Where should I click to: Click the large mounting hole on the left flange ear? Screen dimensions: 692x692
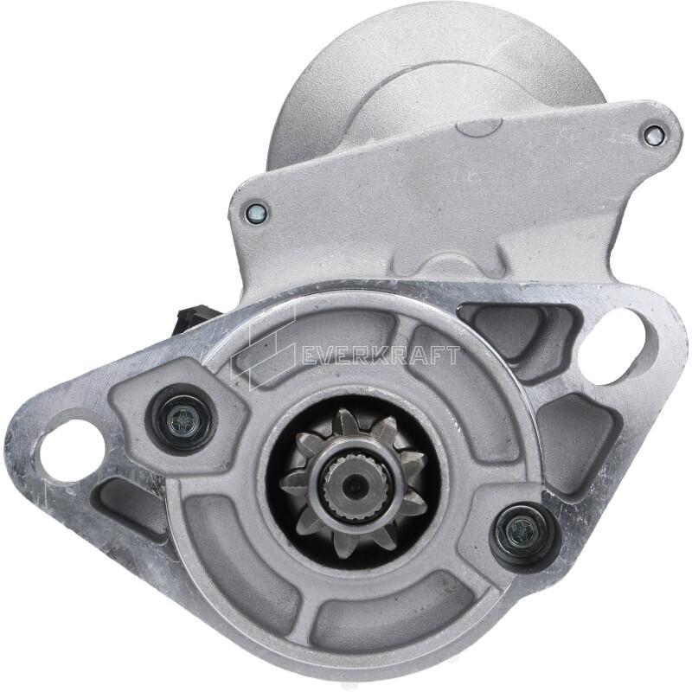[x=72, y=449]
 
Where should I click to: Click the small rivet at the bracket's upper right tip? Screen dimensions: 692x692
[x=653, y=134]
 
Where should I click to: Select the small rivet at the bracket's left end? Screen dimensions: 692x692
[x=255, y=213]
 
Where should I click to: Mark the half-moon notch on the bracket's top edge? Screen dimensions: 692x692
[x=478, y=128]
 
